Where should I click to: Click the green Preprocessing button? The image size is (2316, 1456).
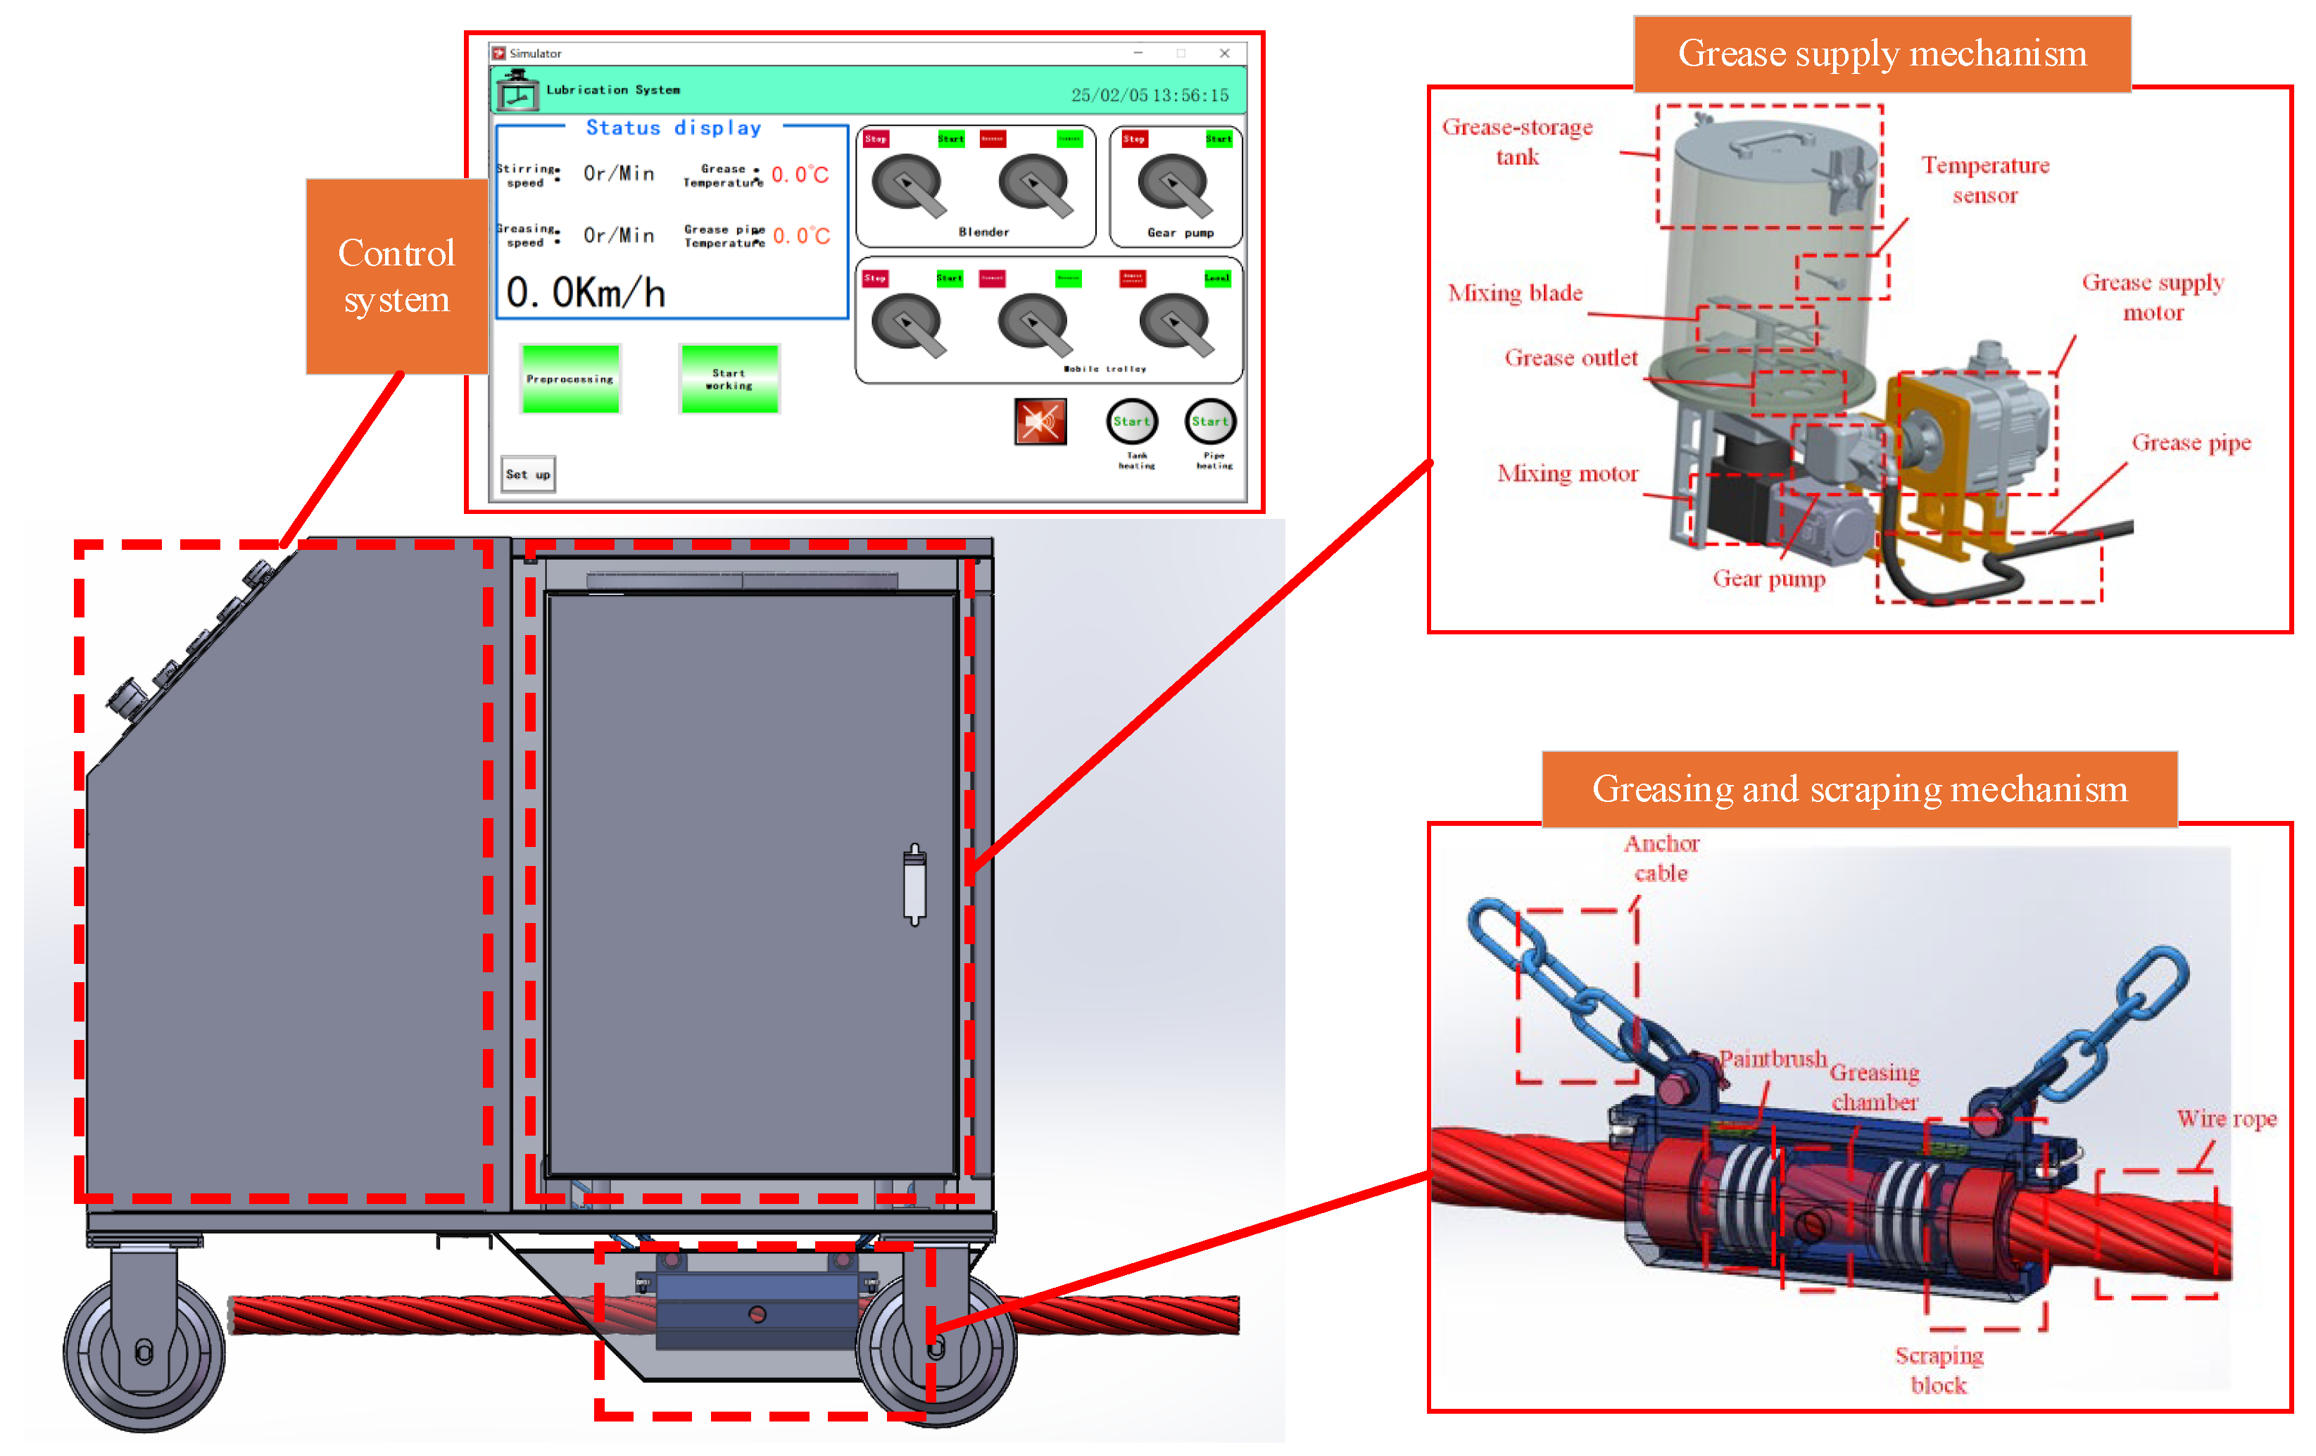(569, 379)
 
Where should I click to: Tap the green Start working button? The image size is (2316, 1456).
(729, 379)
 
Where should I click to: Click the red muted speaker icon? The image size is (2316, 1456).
(1040, 421)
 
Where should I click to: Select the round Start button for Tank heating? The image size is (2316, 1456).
(1131, 421)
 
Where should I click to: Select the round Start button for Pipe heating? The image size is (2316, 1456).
(1210, 421)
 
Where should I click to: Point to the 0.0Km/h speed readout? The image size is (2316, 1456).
(586, 292)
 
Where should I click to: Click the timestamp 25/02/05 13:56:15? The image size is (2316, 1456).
(1150, 95)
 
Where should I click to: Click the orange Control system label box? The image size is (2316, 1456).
(396, 276)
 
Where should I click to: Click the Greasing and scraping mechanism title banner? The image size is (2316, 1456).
(1858, 789)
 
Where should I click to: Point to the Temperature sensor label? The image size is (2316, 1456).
(1984, 180)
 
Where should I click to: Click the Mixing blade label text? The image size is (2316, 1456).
(1515, 294)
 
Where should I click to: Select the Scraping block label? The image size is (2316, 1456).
(1938, 1369)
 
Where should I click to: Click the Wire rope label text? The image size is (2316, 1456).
(2226, 1119)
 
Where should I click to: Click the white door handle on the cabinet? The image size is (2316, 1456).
(914, 885)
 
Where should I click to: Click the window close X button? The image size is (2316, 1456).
(1224, 54)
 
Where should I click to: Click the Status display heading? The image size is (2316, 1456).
(673, 128)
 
